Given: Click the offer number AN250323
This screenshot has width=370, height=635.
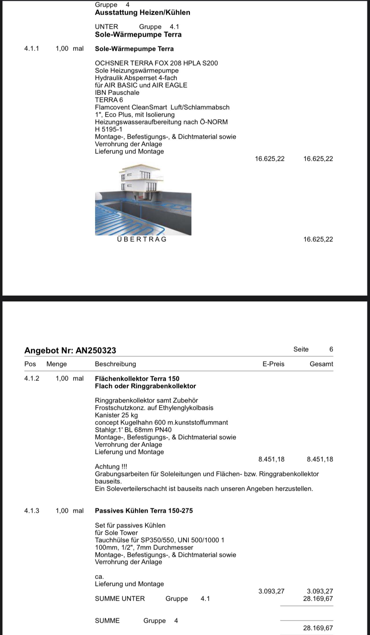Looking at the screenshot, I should (x=96, y=350).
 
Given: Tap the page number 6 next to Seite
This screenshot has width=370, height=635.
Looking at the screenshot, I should (x=331, y=349).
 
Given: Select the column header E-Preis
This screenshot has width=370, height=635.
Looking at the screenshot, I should (x=273, y=364).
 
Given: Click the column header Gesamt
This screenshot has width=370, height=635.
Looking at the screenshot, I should (x=321, y=364).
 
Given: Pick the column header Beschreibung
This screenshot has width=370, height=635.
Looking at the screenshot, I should (x=115, y=364).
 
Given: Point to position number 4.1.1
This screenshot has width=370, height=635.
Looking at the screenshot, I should (x=32, y=48).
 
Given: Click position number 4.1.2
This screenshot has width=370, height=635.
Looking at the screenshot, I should (x=32, y=378).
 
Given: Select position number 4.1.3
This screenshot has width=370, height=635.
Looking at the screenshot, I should (x=32, y=511).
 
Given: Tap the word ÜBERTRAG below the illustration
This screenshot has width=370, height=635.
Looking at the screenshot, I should (x=142, y=239).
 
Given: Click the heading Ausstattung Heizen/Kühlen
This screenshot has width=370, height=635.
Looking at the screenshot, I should (x=143, y=12).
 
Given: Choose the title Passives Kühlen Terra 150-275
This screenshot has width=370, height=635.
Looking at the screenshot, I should (x=144, y=511).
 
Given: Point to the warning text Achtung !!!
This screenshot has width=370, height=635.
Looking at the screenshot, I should (x=111, y=467).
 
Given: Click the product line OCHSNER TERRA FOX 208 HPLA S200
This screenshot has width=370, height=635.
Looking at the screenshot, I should (x=156, y=63).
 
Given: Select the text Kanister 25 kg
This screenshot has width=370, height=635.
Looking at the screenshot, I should (x=116, y=415).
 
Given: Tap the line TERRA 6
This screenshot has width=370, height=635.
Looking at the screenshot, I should (x=109, y=100).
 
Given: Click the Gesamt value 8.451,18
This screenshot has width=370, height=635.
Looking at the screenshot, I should (x=320, y=459).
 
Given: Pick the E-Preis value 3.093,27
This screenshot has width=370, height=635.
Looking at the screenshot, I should (x=271, y=591).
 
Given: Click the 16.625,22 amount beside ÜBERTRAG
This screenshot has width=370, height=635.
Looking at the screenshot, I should (x=318, y=239).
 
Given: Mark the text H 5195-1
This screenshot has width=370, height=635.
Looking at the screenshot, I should (x=108, y=129).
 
